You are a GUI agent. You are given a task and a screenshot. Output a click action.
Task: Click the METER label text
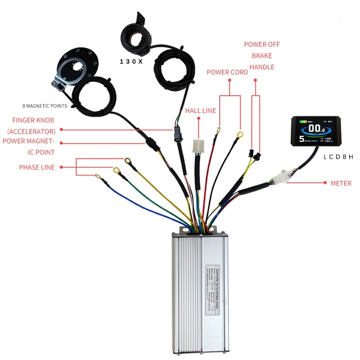pyautogui.click(x=341, y=183)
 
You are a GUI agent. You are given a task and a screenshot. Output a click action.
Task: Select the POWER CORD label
pyautogui.click(x=227, y=72)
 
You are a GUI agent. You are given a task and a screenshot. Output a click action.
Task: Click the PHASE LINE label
pyautogui.click(x=37, y=167)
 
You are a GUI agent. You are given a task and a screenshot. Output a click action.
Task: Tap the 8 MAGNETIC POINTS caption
pyautogui.click(x=45, y=106)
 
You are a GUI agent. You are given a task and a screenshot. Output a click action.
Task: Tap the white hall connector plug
pyautogui.click(x=198, y=146)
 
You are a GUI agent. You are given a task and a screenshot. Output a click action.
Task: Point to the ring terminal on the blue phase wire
pyautogui.click(x=98, y=176)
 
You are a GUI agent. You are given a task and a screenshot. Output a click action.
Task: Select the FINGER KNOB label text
pyautogui.click(x=34, y=120)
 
